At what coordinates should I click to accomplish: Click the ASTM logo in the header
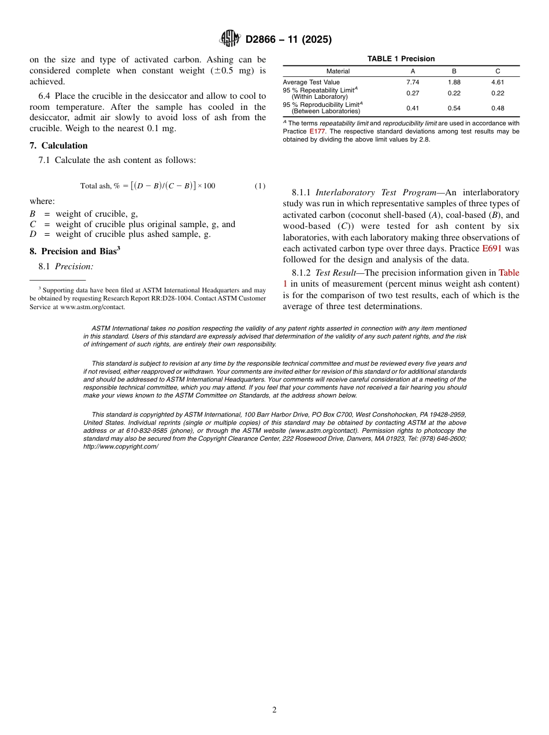[x=230, y=39]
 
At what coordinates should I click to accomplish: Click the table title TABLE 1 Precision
[x=401, y=59]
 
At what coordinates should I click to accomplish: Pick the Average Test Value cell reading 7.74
[x=413, y=82]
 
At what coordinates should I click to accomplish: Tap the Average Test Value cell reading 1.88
[x=454, y=82]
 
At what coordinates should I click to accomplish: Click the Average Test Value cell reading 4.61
[x=498, y=82]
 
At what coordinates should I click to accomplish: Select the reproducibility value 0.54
[x=454, y=108]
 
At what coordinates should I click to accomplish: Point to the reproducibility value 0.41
[x=413, y=108]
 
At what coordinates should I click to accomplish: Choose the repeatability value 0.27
[x=413, y=93]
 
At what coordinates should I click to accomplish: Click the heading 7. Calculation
[x=58, y=146]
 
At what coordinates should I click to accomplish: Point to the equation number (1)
[x=260, y=185]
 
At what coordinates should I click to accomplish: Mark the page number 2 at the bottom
[x=274, y=710]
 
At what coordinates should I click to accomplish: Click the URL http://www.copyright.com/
[x=120, y=447]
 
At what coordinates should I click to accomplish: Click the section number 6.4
[x=45, y=96]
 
